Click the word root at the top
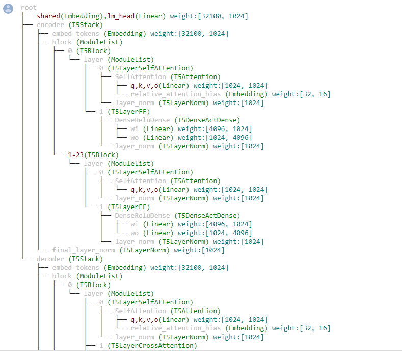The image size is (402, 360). (29, 8)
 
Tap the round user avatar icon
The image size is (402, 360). (8, 8)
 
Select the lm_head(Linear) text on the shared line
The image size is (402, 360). (137, 16)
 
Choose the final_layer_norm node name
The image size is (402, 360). (84, 250)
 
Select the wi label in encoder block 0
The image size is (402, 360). (135, 129)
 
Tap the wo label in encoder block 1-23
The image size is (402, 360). (135, 233)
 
